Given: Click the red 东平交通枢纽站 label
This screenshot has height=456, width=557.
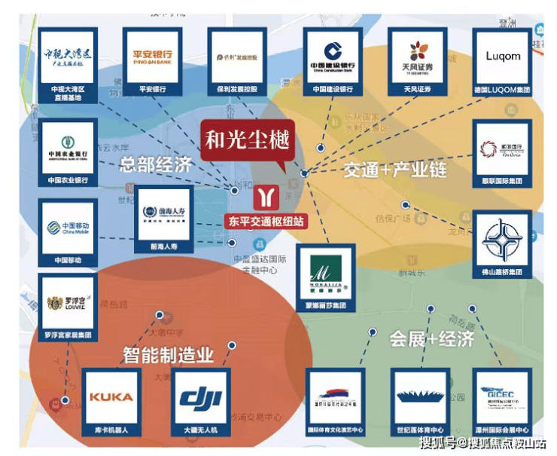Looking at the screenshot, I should point(266,222).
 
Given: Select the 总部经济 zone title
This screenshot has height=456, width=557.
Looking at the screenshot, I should point(156,164).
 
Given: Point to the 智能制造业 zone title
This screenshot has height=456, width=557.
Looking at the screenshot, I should point(169,353).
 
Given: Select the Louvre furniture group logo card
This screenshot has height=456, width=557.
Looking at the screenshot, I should point(68,305).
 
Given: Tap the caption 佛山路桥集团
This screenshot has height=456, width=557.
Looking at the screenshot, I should point(502,271).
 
